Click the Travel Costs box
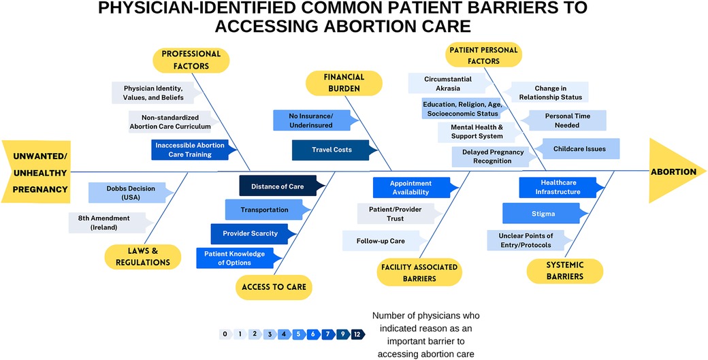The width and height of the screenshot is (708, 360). [x=332, y=150]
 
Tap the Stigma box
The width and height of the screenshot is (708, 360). [x=543, y=214]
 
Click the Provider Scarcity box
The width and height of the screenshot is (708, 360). [x=250, y=233]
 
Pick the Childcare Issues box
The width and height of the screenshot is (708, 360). [x=579, y=148]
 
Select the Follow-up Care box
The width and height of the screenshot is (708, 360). [x=380, y=241]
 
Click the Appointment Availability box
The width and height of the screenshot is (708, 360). [x=411, y=188]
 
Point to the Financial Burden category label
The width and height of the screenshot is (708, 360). [x=344, y=83]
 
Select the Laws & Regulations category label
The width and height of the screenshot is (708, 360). [x=143, y=257]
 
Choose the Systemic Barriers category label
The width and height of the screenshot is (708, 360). [x=565, y=270]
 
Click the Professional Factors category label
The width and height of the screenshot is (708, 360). [x=191, y=60]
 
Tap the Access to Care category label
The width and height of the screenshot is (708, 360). [x=273, y=287]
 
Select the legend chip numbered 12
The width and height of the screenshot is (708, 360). [x=357, y=334]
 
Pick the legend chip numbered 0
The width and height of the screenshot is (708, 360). [x=225, y=334]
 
